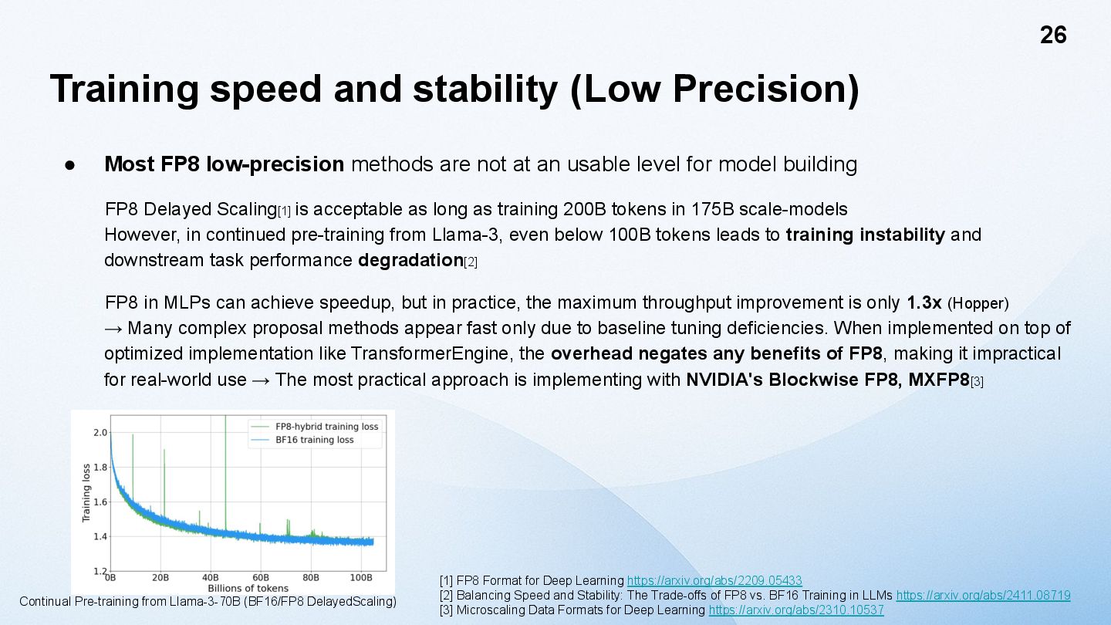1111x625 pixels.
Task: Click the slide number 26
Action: [1053, 35]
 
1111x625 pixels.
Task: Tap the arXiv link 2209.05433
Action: [714, 580]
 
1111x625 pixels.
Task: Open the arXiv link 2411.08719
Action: [983, 595]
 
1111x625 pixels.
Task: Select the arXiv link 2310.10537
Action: [796, 610]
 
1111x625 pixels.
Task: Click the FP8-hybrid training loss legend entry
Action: [326, 427]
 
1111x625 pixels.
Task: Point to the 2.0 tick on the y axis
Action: [100, 432]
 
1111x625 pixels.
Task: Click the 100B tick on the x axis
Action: [361, 577]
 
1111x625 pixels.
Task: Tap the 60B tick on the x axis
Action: [261, 577]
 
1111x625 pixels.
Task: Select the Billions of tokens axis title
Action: [248, 588]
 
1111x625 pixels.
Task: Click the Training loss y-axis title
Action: [86, 493]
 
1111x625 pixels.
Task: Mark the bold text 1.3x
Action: [924, 302]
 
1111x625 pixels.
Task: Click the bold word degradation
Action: [410, 260]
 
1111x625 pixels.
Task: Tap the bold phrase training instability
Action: [865, 235]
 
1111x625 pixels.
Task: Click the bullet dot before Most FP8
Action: [69, 165]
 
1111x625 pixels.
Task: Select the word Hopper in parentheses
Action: [978, 303]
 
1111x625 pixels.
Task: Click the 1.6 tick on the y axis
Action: [100, 502]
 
